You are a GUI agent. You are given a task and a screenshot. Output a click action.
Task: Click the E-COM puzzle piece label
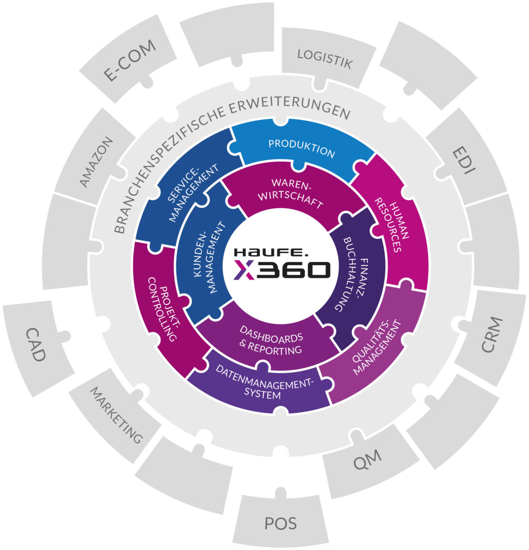coord(130,60)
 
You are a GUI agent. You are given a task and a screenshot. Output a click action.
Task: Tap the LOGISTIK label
coord(325,59)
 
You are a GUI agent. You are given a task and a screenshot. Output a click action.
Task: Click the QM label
coord(367,461)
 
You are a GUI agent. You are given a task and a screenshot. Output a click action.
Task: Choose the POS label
coord(281,523)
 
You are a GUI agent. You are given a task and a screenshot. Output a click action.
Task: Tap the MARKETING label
coord(116,415)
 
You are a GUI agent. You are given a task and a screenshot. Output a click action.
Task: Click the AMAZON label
coord(97,162)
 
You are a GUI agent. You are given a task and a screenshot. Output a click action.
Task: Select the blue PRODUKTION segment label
coord(302,148)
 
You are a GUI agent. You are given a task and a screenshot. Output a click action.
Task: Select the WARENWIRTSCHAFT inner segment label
coord(291,194)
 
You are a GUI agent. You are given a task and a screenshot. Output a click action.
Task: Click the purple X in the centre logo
coord(244,269)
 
